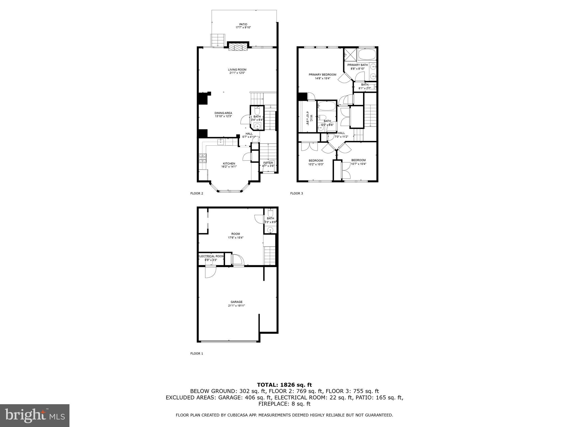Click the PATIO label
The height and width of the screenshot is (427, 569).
coord(243,24)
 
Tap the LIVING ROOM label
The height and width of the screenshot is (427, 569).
coord(237,70)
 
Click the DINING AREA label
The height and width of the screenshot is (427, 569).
coord(223,113)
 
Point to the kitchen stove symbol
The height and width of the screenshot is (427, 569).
coord(203,158)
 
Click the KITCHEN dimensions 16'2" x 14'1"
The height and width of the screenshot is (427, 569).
coord(229,167)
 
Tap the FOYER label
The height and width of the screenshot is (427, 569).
coord(268,163)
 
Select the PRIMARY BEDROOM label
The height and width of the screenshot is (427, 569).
coord(322,75)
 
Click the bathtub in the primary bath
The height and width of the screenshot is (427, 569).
coord(367,54)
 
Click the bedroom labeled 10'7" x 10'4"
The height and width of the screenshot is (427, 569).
coord(358,160)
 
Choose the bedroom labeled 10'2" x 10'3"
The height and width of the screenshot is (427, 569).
coord(316,161)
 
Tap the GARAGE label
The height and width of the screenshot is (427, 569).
coord(236,302)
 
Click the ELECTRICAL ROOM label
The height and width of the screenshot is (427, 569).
coord(211,256)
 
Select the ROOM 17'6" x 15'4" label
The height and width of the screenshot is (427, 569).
coord(236,234)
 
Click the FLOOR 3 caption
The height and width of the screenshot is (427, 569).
coord(296,193)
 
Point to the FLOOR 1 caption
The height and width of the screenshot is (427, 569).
coord(196,354)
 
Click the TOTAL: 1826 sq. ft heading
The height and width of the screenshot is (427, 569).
coord(284,385)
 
